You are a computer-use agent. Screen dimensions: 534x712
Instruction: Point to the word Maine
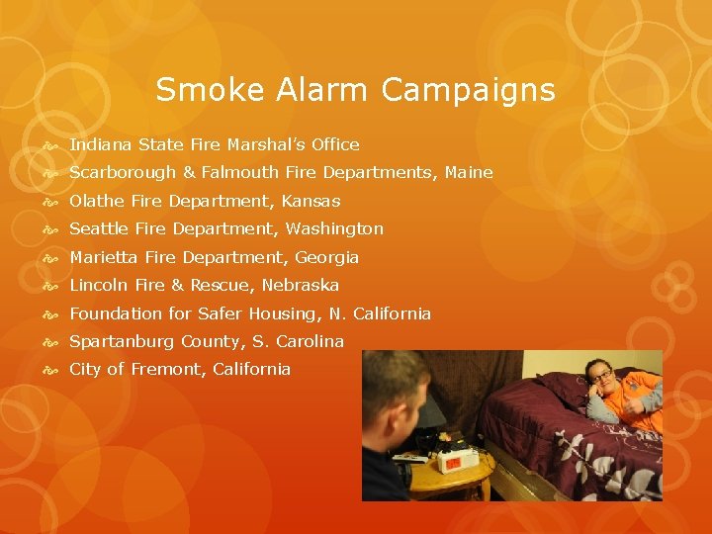click(x=469, y=173)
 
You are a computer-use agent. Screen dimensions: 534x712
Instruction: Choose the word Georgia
click(x=327, y=257)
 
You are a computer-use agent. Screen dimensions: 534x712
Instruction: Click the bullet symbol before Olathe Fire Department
click(x=52, y=202)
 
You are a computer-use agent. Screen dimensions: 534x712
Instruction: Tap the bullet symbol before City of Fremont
click(x=52, y=370)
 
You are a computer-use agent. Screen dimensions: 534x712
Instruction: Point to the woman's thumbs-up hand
click(x=648, y=400)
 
